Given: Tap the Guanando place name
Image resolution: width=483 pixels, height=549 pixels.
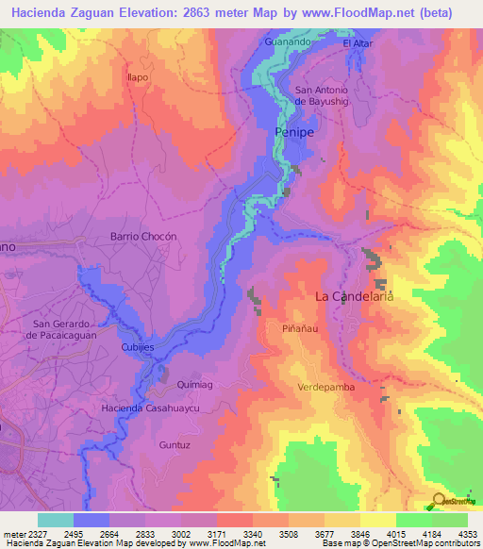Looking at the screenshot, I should pyautogui.click(x=287, y=42).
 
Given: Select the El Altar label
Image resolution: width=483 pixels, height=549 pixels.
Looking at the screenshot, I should pyautogui.click(x=358, y=43).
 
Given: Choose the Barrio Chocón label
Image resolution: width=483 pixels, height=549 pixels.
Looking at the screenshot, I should pyautogui.click(x=143, y=236).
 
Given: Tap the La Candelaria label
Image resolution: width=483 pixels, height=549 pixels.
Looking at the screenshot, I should pyautogui.click(x=353, y=296).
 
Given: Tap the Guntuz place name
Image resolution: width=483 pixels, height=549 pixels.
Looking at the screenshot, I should pyautogui.click(x=175, y=443).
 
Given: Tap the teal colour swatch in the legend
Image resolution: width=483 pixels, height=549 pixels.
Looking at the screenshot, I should pyautogui.click(x=55, y=520).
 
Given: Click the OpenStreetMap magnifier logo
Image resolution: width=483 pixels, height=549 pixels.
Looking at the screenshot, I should pyautogui.click(x=437, y=501).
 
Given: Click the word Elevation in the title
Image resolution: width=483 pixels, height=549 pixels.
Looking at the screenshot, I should pyautogui.click(x=154, y=13).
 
